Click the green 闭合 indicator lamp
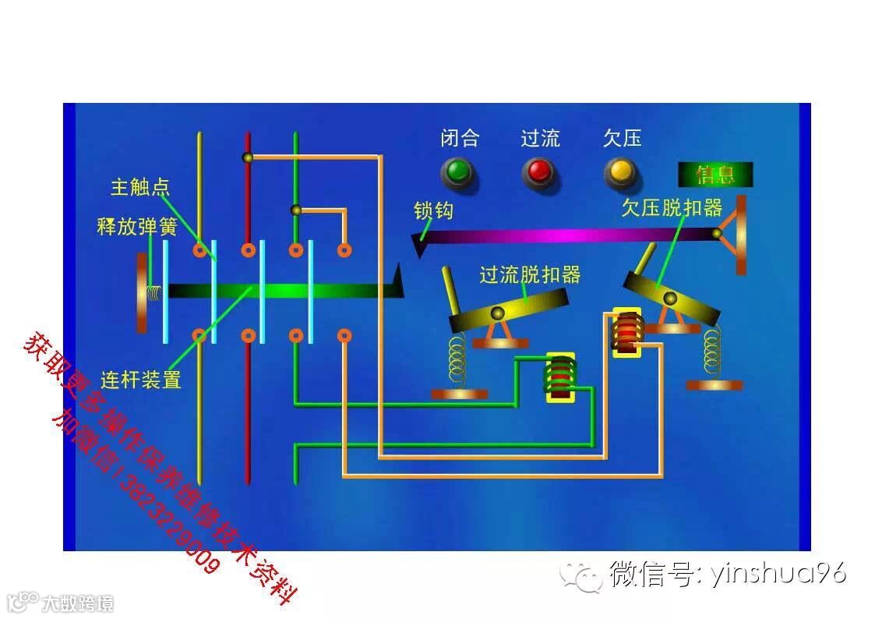coord(457,171)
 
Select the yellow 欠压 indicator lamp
coord(620,171)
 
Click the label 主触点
coord(140,188)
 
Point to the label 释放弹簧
coord(137,227)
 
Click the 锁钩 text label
coord(433,210)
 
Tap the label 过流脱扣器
coord(530,274)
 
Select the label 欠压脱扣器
coord(672,208)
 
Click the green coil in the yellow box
coord(559,377)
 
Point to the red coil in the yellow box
coord(626,332)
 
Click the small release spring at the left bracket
coord(154,293)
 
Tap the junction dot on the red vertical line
coord(248,157)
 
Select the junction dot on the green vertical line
coord(295,210)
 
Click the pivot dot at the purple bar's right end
coord(716,233)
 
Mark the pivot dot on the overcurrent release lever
coord(497,313)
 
